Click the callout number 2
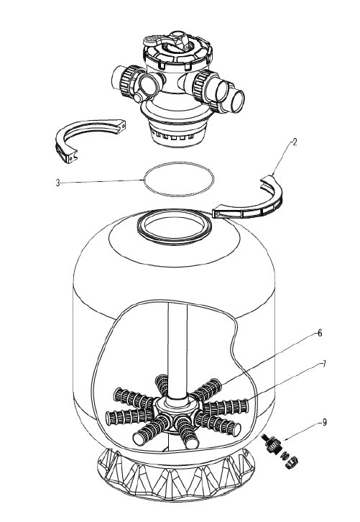tap(294, 142)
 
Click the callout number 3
tap(58, 183)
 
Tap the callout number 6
tap(320, 333)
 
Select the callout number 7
tap(324, 364)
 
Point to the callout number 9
tap(324, 423)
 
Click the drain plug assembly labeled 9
tap(279, 449)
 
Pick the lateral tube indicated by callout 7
tap(226, 407)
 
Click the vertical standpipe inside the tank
tap(177, 349)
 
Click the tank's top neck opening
tap(175, 226)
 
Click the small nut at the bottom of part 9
tap(292, 464)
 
